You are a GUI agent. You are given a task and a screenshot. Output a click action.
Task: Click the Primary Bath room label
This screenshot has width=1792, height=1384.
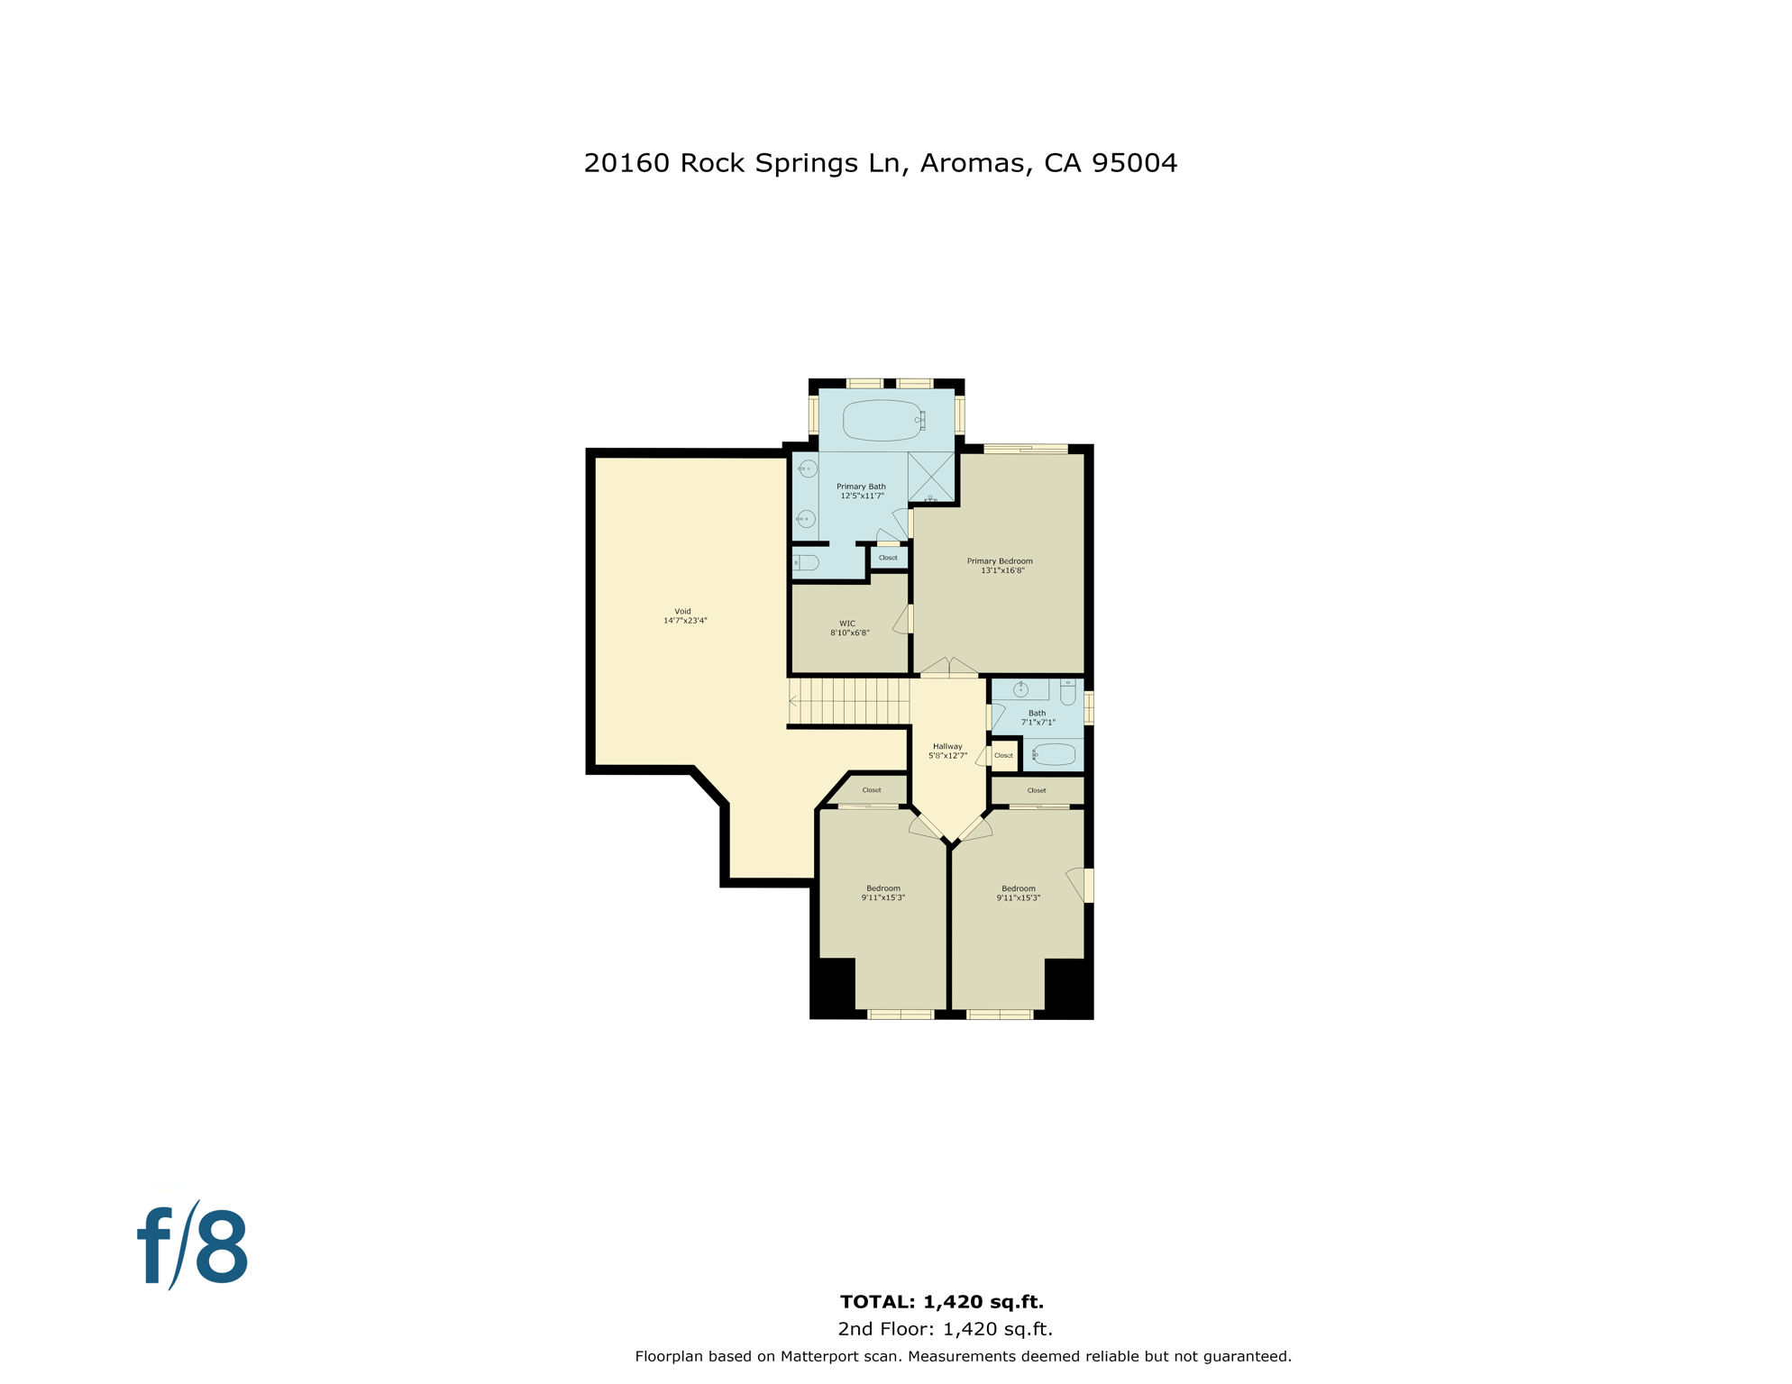pos(861,487)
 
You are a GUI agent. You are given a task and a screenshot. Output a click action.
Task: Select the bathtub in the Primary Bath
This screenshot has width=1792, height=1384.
pos(882,420)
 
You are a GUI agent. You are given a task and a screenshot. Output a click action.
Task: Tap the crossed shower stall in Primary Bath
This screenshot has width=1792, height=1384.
pos(931,477)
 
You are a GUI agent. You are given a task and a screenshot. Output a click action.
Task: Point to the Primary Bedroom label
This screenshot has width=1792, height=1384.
pos(1000,561)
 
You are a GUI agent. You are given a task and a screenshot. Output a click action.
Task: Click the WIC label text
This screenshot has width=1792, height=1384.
pos(847,624)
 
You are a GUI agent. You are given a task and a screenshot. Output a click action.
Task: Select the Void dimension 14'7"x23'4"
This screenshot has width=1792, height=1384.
pos(685,621)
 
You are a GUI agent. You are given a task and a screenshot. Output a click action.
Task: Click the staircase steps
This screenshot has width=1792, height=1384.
pos(848,701)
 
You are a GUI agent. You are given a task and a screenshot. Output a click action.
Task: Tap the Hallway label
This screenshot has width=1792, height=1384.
pos(947,746)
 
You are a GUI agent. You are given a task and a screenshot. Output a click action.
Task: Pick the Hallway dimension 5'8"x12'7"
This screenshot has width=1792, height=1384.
pos(947,756)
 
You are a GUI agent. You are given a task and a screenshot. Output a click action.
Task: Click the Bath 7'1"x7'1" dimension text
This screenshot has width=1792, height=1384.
pos(1038,723)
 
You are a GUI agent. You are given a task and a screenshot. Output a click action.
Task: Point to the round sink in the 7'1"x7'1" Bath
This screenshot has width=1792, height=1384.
pos(1020,690)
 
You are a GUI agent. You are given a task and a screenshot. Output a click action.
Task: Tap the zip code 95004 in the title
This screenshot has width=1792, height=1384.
pos(1134,163)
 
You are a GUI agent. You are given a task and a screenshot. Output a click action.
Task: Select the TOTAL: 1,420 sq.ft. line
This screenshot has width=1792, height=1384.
pos(942,1302)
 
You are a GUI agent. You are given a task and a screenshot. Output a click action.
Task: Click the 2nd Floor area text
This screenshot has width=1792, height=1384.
pos(945,1329)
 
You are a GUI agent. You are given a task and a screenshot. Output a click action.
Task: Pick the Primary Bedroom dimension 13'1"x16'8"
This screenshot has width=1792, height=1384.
pos(1002,570)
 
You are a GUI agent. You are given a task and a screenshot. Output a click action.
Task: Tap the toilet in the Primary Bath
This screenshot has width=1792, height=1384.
pos(806,563)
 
